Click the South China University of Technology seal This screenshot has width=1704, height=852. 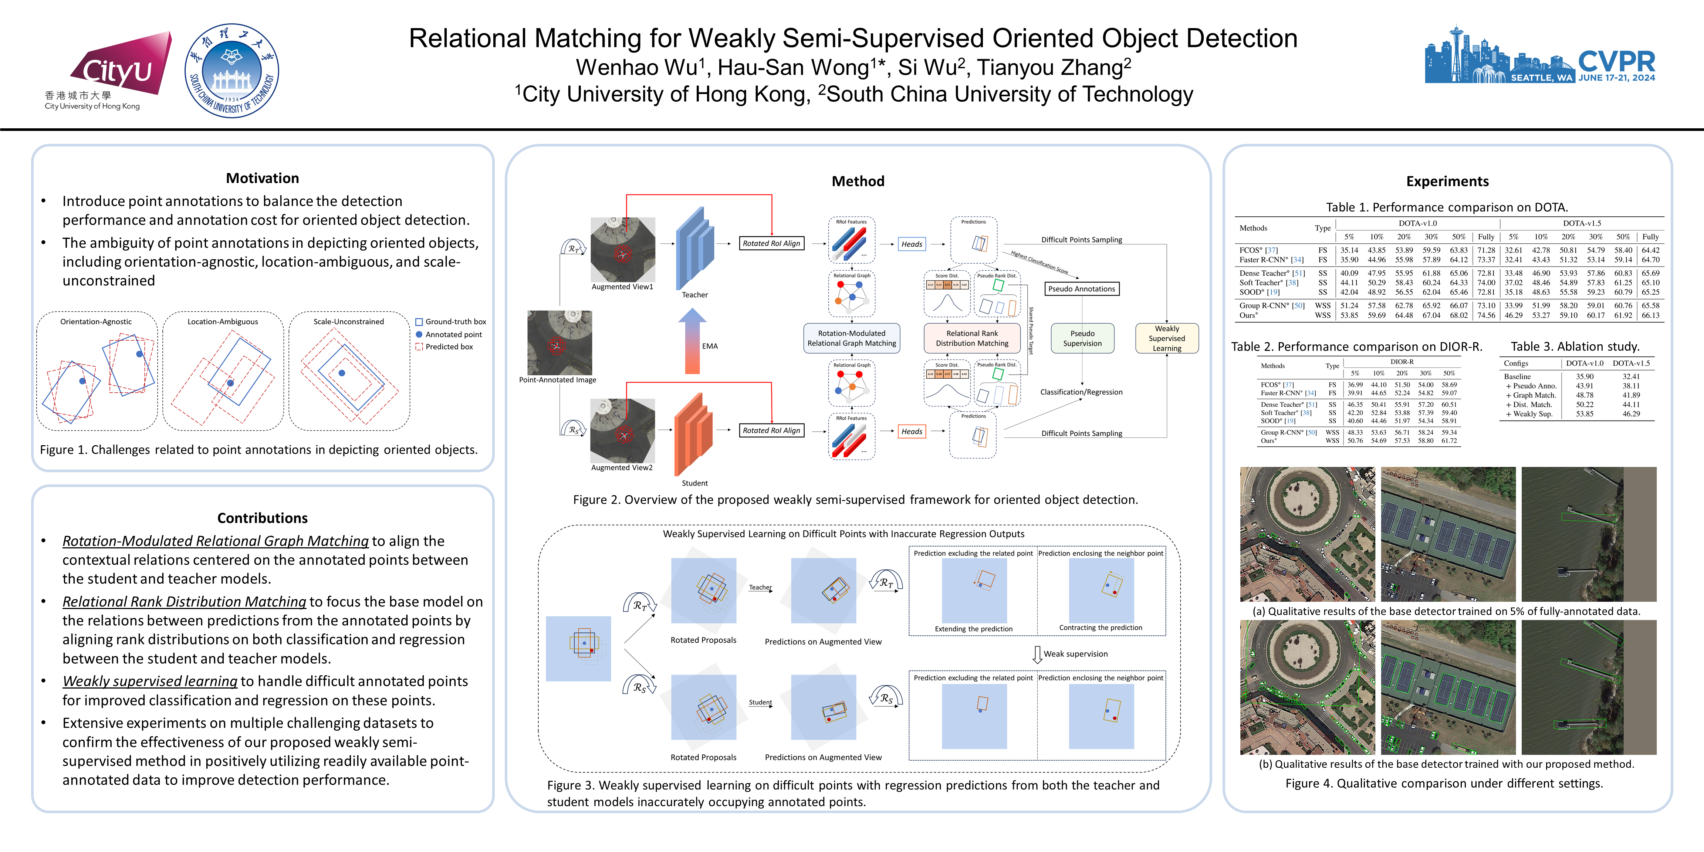[x=231, y=70]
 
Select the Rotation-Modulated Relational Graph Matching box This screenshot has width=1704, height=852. [x=851, y=338]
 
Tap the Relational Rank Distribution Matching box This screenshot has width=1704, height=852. [x=972, y=338]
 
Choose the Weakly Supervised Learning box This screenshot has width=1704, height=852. [x=1166, y=338]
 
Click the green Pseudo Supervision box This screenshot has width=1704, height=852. [x=1082, y=338]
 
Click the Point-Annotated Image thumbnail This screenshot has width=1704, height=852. [x=559, y=343]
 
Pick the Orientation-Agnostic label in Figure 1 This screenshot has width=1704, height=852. [x=96, y=321]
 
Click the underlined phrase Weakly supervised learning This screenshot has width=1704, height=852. [x=149, y=681]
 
